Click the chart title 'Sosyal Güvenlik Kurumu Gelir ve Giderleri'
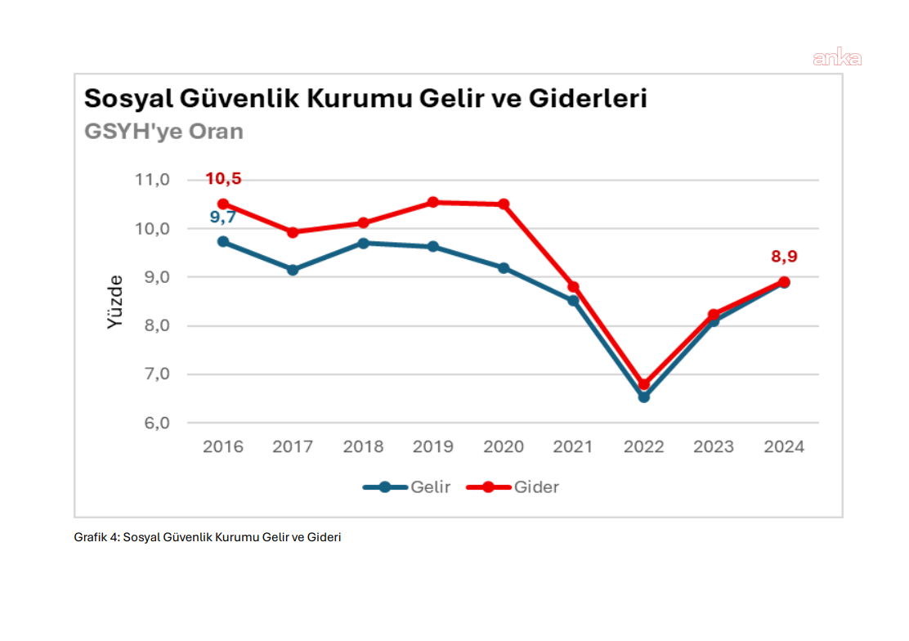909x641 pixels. pos(365,99)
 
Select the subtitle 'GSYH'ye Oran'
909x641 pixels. pos(163,131)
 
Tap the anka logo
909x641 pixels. pos(836,58)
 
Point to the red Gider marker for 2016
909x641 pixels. pos(223,204)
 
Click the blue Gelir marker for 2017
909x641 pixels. pos(293,269)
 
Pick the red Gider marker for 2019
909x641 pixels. pos(433,202)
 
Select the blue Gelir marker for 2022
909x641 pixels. pos(644,397)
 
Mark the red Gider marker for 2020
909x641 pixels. pos(504,204)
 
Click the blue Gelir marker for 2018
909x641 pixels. pos(363,243)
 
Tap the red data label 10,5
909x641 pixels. pos(223,179)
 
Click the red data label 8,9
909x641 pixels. pos(784,257)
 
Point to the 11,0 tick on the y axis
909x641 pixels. pos(152,180)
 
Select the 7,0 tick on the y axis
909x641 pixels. pos(152,374)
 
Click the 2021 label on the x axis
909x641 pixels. pos(574,447)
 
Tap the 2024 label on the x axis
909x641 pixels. pos(784,447)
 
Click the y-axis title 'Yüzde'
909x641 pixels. pos(115,302)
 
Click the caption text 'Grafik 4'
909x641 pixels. pos(96,537)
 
